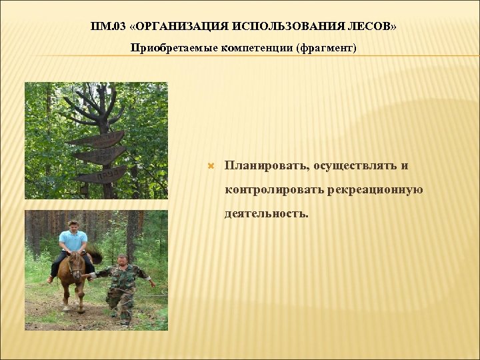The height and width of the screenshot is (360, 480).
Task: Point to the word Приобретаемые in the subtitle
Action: pos(173,49)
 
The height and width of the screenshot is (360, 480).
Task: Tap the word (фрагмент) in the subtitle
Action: pos(326,49)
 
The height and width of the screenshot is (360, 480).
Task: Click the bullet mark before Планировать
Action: pos(211,165)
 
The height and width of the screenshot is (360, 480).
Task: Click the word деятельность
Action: pos(267,214)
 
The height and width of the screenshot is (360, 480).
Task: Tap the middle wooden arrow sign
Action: pos(100,156)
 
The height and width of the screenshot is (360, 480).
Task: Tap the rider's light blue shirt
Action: pos(73,240)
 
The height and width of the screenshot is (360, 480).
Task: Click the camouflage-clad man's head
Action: pos(122,260)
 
